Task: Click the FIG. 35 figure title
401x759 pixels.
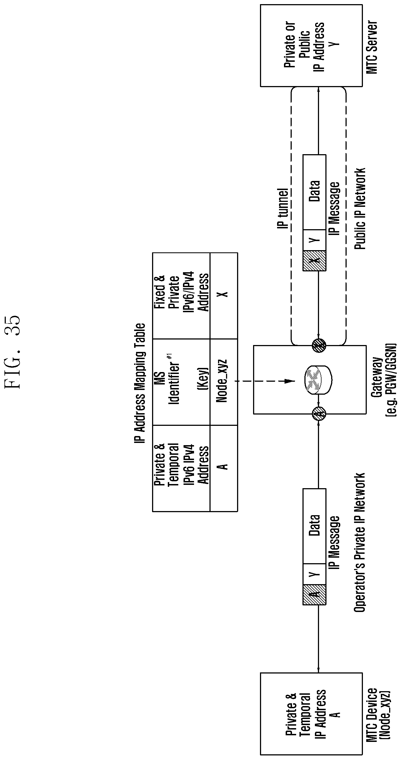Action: click(14, 352)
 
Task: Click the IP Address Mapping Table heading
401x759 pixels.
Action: click(139, 383)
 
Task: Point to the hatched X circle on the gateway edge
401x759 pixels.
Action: click(319, 344)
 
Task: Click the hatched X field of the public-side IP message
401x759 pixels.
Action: click(315, 261)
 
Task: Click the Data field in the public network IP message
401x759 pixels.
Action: click(315, 192)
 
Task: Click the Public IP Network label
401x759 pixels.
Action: click(360, 209)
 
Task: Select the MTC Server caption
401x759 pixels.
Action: click(371, 47)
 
